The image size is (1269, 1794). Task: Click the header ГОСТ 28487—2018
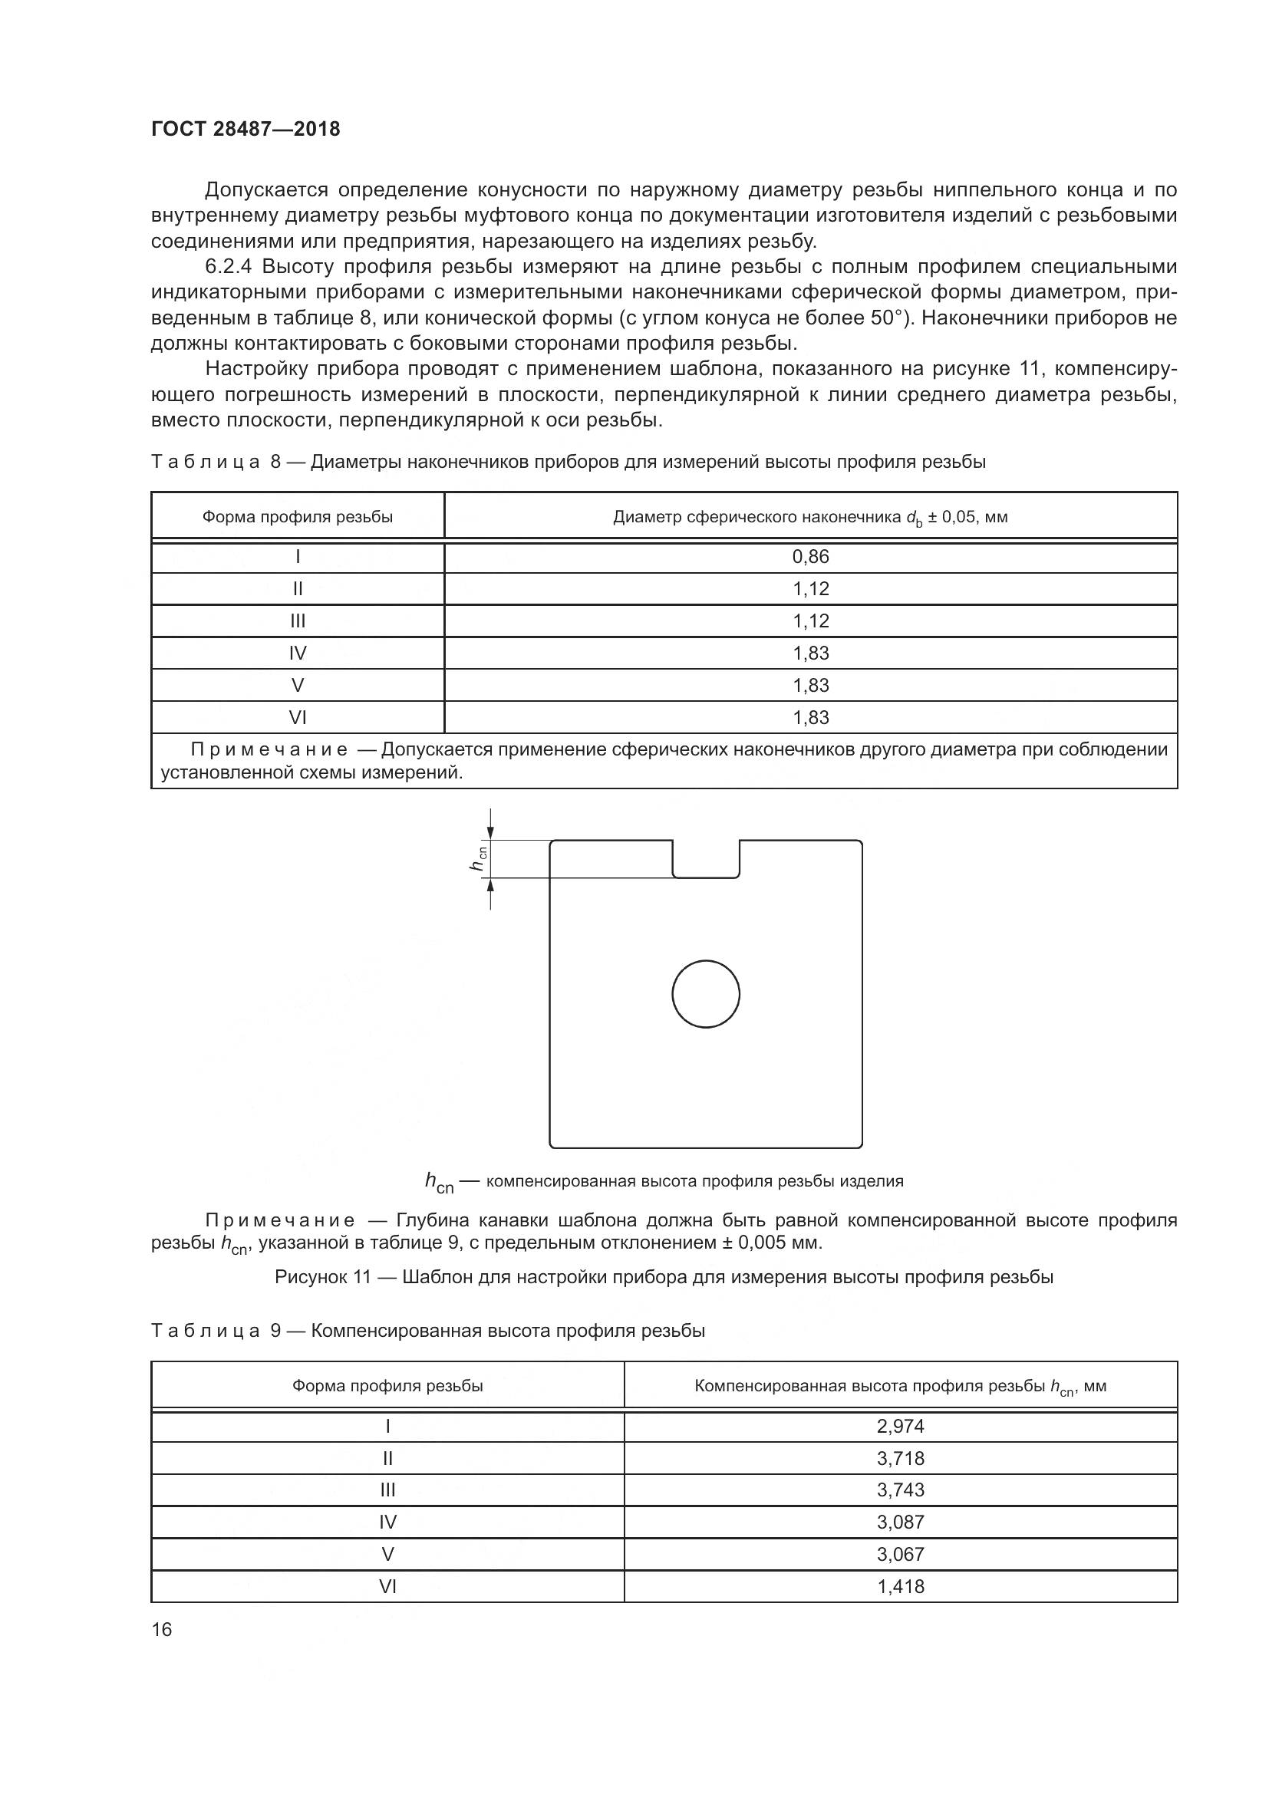tap(246, 129)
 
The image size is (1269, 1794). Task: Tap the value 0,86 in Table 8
tap(810, 556)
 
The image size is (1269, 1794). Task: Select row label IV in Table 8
tap(298, 653)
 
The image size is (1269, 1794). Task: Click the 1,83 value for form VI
tap(810, 716)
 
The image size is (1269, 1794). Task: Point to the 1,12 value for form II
tap(810, 588)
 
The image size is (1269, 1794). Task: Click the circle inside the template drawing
tap(706, 994)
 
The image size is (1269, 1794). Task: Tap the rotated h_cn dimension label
tap(478, 858)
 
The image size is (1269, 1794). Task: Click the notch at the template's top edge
tap(707, 859)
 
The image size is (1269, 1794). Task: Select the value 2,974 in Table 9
tap(900, 1426)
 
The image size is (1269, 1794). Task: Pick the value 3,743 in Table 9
tap(900, 1490)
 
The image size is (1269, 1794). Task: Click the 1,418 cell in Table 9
tap(900, 1586)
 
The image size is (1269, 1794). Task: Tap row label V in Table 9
tap(387, 1554)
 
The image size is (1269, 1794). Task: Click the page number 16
tap(162, 1629)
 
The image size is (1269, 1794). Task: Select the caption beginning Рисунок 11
tap(664, 1277)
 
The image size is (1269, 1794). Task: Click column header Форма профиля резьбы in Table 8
tap(298, 516)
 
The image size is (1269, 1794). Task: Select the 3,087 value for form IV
tap(900, 1521)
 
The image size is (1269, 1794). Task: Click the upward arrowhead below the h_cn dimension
tap(491, 884)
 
